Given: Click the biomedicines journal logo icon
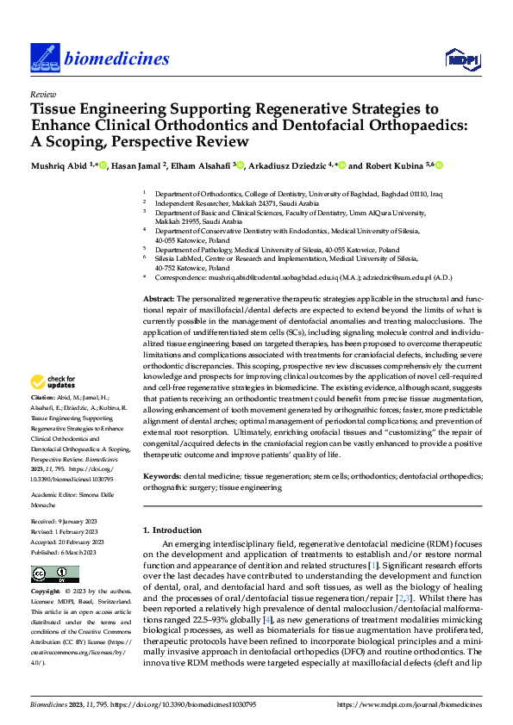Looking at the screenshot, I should pyautogui.click(x=42, y=57).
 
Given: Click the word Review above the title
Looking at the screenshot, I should pyautogui.click(x=42, y=94).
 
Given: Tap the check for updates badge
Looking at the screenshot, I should pyautogui.click(x=53, y=381).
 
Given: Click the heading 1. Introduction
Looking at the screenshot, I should pyautogui.click(x=172, y=530).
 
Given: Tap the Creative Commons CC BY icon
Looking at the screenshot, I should pyautogui.click(x=42, y=574).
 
